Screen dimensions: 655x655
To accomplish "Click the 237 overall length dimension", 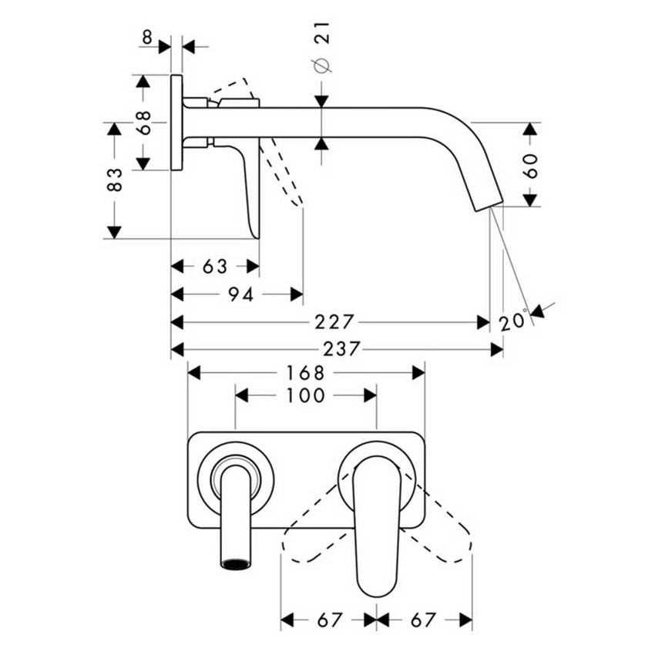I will [x=341, y=349].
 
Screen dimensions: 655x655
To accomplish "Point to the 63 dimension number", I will [x=215, y=267].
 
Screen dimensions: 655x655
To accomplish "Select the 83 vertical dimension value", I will [x=114, y=180].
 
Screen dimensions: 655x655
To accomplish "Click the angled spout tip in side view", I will [x=485, y=189].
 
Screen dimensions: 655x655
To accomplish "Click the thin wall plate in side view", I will [x=176, y=123].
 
